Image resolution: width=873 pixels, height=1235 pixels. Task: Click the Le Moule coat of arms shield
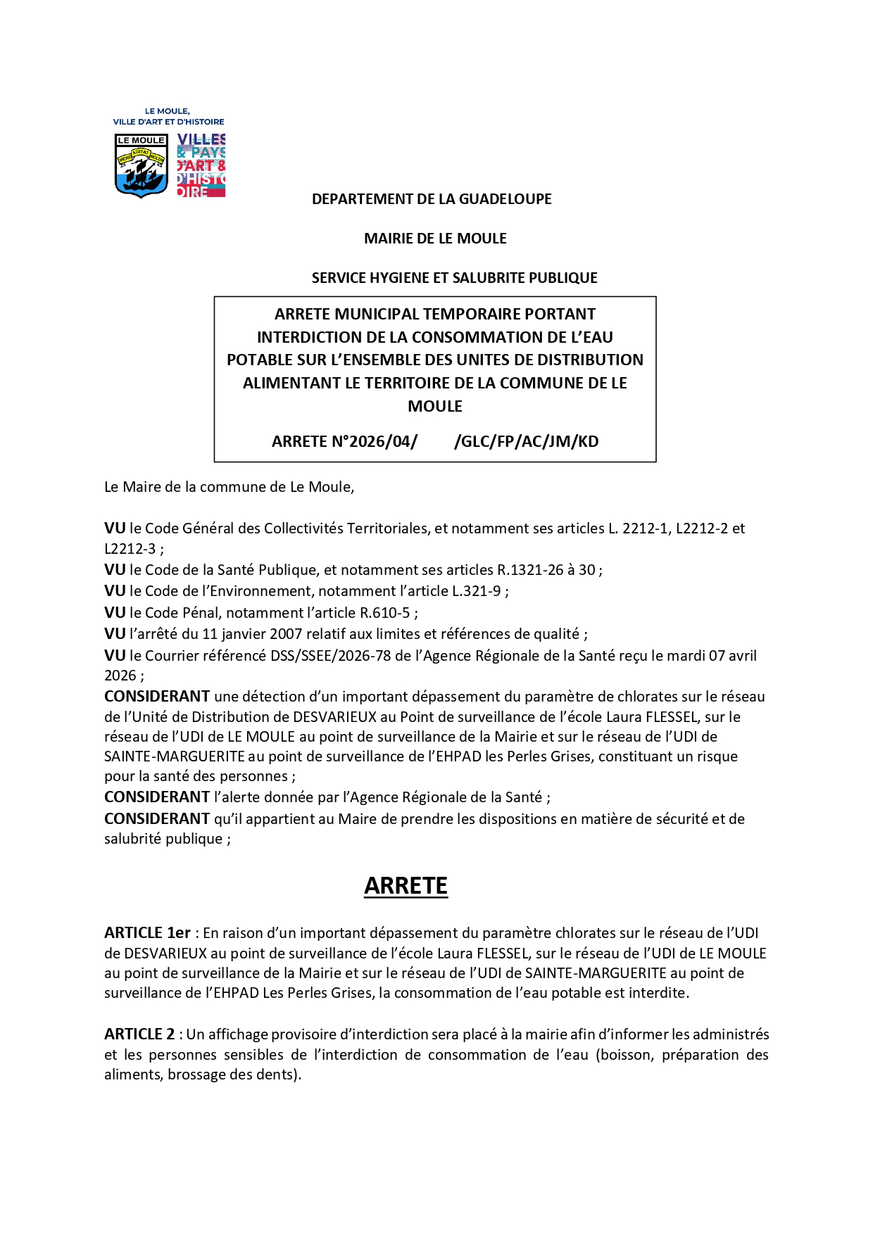(141, 165)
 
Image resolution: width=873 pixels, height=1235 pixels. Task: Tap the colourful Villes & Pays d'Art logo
(201, 165)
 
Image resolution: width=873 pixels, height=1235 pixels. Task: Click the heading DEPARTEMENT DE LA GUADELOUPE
(432, 199)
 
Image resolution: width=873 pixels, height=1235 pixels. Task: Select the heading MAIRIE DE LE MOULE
(435, 239)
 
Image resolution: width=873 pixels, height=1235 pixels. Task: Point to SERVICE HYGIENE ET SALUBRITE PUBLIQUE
(454, 278)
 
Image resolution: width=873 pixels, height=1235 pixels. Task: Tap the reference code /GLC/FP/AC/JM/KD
(527, 441)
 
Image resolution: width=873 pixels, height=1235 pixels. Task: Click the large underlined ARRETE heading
(406, 885)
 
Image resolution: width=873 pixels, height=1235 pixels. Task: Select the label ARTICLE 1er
(147, 933)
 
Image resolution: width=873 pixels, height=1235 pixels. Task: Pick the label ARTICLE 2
(139, 1034)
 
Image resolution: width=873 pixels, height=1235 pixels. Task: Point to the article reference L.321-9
(475, 591)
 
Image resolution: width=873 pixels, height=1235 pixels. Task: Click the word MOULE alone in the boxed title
(435, 406)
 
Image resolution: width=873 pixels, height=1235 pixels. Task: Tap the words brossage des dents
(232, 1075)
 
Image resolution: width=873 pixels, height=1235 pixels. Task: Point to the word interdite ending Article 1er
(659, 993)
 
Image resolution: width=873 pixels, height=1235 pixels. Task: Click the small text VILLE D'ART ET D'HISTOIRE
(168, 122)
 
